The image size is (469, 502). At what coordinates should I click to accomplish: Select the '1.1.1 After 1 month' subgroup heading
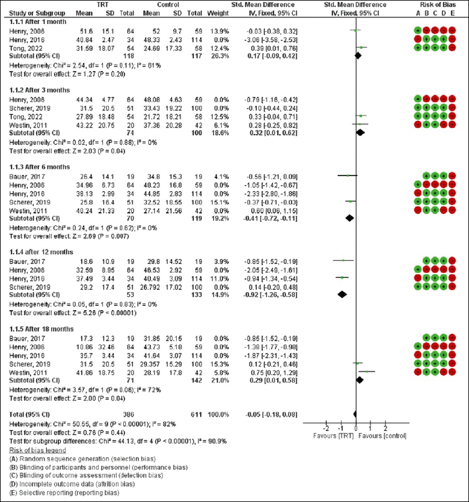35,21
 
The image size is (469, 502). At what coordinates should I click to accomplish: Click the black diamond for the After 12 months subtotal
343,294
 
